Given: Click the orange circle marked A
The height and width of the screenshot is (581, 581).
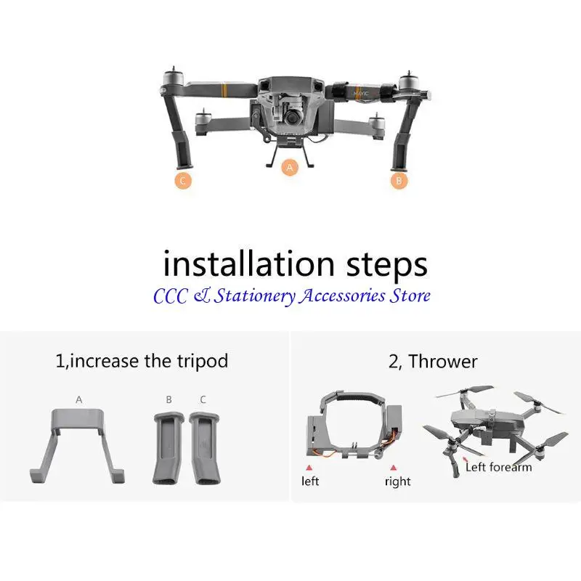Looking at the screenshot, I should coord(290,168).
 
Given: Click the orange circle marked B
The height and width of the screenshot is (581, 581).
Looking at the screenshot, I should coord(399,182).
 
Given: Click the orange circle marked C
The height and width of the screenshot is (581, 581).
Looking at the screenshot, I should coord(183,181).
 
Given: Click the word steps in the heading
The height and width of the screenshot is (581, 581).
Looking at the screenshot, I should coord(390,264).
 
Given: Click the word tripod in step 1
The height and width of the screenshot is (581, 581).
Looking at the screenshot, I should coord(201,361).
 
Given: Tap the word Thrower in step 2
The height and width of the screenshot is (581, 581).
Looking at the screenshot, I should coord(443,361).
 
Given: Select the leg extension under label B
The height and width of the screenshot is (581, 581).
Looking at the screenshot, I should coord(168,448).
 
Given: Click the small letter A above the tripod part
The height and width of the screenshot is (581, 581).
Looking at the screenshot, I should coord(78,399).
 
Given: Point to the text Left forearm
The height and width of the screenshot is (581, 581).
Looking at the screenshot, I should coord(498,467).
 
